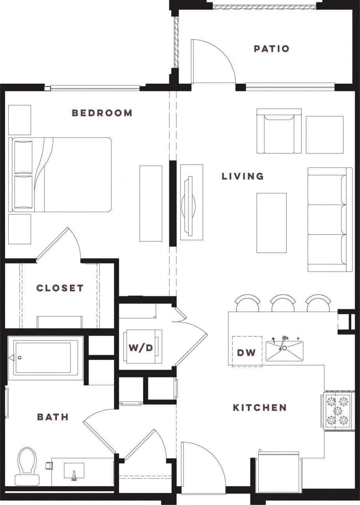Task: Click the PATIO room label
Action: (x=272, y=49)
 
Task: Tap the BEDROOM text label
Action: (x=102, y=113)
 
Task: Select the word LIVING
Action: (x=243, y=176)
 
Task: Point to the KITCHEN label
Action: (x=259, y=408)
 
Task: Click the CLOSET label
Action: (x=60, y=288)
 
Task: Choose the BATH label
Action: (x=53, y=417)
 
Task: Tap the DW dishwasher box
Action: (x=247, y=352)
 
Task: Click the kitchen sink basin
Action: (x=284, y=351)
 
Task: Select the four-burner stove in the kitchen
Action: (x=337, y=411)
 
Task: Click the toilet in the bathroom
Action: (x=27, y=466)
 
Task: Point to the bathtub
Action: (x=45, y=358)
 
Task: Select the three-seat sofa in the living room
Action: (x=330, y=220)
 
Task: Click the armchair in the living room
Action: (x=279, y=131)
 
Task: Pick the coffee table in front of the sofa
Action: (x=271, y=223)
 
